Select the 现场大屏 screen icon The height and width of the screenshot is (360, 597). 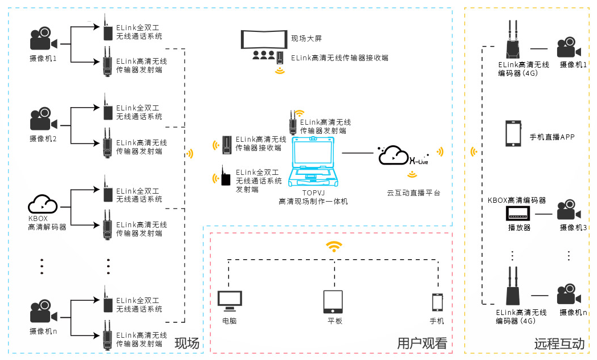[x=264, y=39]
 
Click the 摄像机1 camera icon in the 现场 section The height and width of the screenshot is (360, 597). [x=43, y=39]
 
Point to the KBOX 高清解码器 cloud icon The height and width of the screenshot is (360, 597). [x=43, y=204]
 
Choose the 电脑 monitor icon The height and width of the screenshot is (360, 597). [x=230, y=301]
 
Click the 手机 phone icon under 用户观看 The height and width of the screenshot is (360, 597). [x=437, y=302]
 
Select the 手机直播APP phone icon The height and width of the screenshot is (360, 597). [x=513, y=133]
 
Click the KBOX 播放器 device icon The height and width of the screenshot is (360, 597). [x=518, y=214]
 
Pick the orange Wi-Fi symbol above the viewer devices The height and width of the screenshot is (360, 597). [x=334, y=247]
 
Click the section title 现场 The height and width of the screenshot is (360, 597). [x=187, y=343]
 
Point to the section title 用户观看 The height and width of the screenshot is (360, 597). [x=422, y=343]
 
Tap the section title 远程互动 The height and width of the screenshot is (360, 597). [x=559, y=343]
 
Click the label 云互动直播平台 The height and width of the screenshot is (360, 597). [x=413, y=193]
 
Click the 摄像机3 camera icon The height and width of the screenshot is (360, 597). [x=569, y=211]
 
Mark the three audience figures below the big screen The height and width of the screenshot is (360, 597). [x=264, y=55]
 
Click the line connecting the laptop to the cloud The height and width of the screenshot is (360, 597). [x=357, y=153]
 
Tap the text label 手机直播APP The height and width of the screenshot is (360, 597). [x=552, y=137]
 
